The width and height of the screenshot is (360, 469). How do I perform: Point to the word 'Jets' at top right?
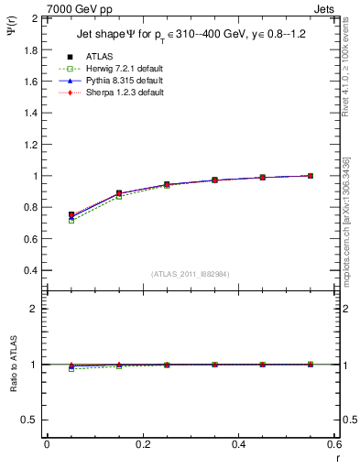(327, 7)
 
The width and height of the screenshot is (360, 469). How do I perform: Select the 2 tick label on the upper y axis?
(36, 18)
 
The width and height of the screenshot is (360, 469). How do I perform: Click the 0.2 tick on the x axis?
(142, 444)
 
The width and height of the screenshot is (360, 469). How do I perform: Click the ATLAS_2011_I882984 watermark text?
(191, 274)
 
